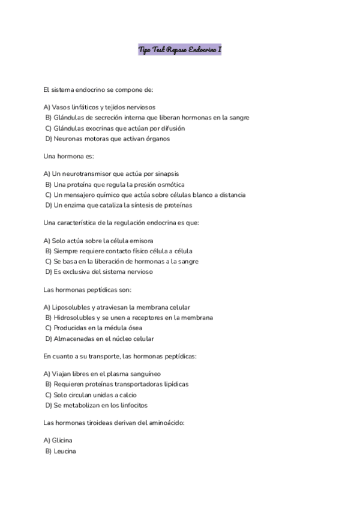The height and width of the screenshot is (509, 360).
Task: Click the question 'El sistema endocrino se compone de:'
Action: coord(98,90)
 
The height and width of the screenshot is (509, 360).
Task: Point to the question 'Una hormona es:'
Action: coord(65,156)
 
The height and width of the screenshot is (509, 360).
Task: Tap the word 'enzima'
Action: coord(76,205)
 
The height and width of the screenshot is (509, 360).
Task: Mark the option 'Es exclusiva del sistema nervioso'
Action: coord(103,271)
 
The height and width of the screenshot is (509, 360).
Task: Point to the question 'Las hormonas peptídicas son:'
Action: coord(92,289)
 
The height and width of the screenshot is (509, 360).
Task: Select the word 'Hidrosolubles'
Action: coord(74,317)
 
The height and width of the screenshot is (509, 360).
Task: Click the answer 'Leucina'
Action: coord(64,451)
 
